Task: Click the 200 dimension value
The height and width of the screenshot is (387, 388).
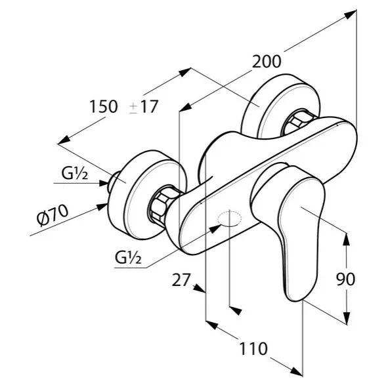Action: [267, 61]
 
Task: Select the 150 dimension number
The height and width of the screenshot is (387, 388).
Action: [104, 106]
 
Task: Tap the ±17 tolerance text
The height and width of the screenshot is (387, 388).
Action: [144, 107]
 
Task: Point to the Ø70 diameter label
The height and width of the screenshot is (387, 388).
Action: [53, 215]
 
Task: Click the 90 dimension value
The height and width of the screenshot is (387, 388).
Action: [346, 279]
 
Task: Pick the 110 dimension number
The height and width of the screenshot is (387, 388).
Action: [253, 349]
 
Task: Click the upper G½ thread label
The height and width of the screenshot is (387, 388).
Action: [74, 173]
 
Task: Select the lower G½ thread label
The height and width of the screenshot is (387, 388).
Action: [128, 257]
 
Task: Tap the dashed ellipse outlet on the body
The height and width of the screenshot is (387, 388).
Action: [229, 218]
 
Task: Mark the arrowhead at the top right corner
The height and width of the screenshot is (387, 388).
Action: [351, 14]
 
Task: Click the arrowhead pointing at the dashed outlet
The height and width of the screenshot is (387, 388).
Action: [215, 229]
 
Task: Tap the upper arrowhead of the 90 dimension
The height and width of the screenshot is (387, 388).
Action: [347, 239]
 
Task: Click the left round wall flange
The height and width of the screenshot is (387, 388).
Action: [148, 195]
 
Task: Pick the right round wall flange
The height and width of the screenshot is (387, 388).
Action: [280, 106]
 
